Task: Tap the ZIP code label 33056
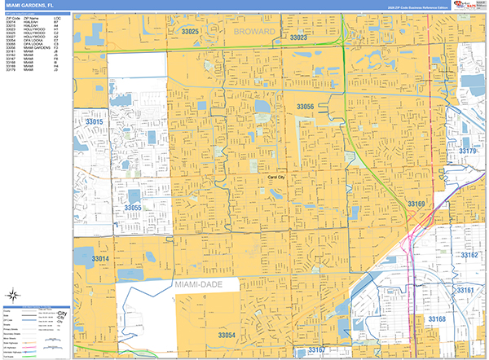click(305, 107)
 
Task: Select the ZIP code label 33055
click(133, 209)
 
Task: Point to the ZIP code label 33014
click(100, 258)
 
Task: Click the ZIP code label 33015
click(95, 122)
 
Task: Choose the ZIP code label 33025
click(191, 31)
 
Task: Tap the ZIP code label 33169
click(416, 204)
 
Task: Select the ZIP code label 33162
click(469, 255)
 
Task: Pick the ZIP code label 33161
click(465, 290)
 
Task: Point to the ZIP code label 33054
click(227, 335)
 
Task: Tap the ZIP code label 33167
click(317, 349)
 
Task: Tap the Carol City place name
click(276, 177)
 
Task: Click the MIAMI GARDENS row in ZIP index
click(38, 48)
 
